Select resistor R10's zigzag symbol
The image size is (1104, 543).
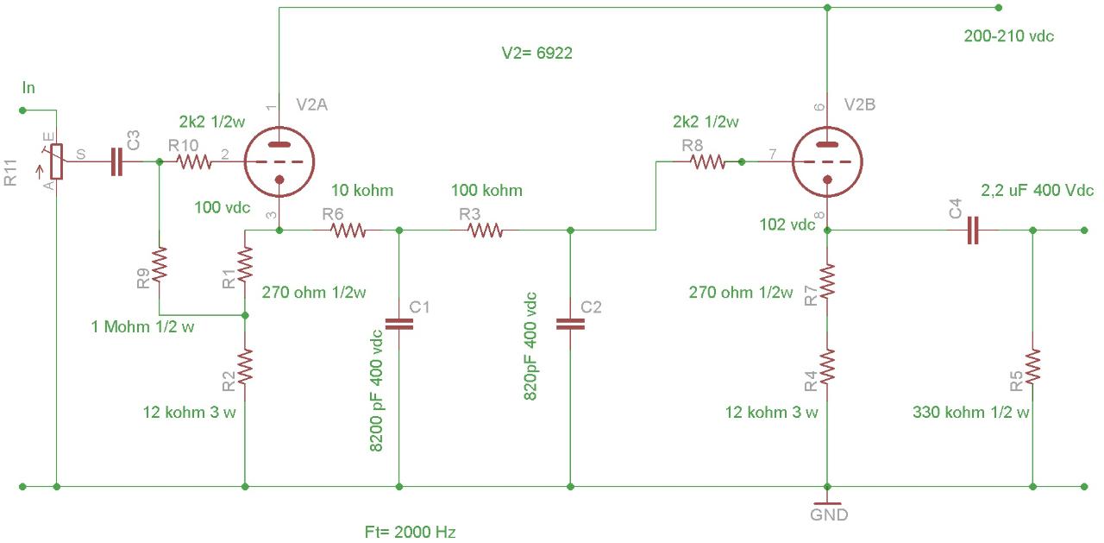pos(194,161)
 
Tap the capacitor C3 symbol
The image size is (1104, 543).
pos(116,161)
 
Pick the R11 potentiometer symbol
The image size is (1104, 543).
pos(57,161)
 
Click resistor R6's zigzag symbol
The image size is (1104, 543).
pos(348,230)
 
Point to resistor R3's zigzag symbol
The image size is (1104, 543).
pos(485,230)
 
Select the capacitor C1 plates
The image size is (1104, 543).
pos(399,324)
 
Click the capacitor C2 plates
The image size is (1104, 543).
pos(570,324)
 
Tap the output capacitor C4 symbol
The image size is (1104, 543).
pos(973,230)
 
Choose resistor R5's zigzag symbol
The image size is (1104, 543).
pos(1032,366)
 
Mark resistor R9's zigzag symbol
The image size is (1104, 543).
pos(160,265)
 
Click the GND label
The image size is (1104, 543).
pos(829,515)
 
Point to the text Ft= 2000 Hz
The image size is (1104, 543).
pos(410,532)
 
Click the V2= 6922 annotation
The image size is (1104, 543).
pos(537,53)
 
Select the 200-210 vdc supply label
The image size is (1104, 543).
pos(1009,36)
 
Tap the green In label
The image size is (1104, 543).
pos(28,88)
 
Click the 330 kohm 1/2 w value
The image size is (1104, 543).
pos(971,412)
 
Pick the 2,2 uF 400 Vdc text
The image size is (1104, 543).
pos(1037,191)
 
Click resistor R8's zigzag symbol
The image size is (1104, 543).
pos(707,161)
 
